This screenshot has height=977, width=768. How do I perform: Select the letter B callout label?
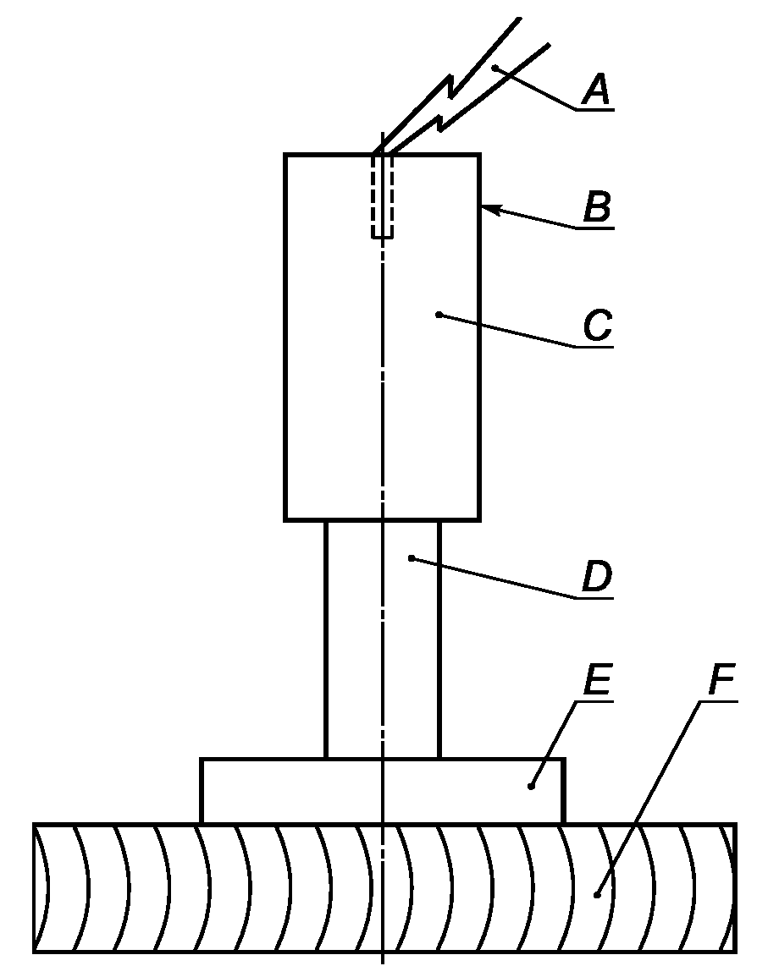click(598, 208)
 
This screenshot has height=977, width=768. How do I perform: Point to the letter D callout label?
click(597, 578)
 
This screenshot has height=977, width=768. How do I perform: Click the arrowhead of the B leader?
click(486, 206)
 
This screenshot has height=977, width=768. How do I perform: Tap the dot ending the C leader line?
click(439, 315)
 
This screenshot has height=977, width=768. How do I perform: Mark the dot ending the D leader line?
click(411, 557)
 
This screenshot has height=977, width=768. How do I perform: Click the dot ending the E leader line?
click(532, 786)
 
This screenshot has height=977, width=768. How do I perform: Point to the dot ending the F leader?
click(598, 893)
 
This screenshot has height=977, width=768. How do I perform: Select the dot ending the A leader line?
click(495, 68)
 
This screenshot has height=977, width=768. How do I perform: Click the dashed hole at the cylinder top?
click(383, 196)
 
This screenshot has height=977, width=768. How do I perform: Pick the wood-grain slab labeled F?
click(254, 888)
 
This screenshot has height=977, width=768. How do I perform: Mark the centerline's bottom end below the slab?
click(383, 961)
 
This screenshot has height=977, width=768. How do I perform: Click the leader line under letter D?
click(508, 579)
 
